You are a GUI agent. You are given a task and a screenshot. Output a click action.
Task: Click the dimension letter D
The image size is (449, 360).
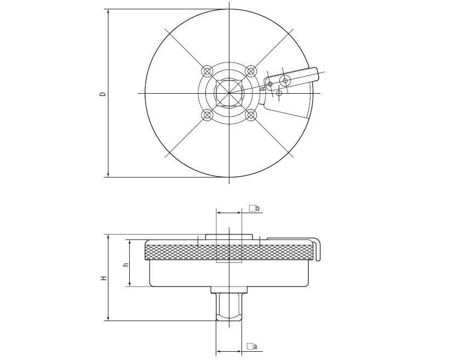point(102,94)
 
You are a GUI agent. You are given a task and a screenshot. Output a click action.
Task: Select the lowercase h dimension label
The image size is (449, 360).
point(125,265)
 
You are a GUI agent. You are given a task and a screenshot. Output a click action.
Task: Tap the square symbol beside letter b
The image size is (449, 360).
point(252,208)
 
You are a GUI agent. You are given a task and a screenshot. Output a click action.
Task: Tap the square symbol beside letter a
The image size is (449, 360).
point(250,346)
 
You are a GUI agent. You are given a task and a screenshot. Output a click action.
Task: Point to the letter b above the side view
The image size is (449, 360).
point(258,208)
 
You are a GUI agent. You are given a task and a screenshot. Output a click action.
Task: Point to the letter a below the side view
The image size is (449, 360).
point(255,347)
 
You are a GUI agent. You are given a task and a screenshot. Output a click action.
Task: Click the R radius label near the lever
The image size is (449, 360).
point(263,89)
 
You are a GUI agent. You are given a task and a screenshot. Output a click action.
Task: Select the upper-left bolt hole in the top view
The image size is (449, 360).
point(207,71)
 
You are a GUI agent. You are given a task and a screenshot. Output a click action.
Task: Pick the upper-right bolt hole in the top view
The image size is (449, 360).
point(251,71)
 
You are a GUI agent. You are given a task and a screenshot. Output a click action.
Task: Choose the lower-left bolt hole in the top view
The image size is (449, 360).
point(207,115)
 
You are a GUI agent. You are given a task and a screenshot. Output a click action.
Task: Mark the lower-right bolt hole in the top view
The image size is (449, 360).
point(251,115)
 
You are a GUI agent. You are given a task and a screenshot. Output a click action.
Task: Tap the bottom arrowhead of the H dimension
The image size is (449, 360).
point(108,318)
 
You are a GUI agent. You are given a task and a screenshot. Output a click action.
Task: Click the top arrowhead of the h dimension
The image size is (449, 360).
point(130,242)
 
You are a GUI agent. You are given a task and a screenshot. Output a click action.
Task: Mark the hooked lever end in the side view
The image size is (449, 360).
point(317,249)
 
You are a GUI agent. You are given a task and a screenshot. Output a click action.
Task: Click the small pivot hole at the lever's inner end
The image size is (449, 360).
point(270,84)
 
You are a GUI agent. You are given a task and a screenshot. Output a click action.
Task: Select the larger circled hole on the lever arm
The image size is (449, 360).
point(285,81)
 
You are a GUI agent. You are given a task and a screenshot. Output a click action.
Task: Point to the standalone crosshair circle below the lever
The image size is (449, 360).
point(279,93)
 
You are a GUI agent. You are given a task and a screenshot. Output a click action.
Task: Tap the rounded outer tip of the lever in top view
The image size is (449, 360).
point(316,73)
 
